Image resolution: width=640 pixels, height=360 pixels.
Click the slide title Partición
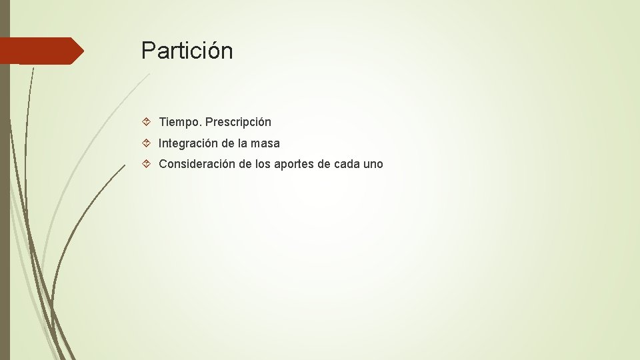click(x=187, y=51)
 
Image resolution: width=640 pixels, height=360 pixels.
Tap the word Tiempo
click(x=179, y=122)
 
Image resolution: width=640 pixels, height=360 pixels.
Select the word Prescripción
click(x=238, y=122)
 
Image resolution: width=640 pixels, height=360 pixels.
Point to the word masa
click(x=265, y=143)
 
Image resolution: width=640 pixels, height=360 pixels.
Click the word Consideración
click(x=197, y=164)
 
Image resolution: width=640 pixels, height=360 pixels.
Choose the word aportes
click(x=295, y=164)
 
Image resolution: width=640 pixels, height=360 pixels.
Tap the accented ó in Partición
click(x=213, y=51)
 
